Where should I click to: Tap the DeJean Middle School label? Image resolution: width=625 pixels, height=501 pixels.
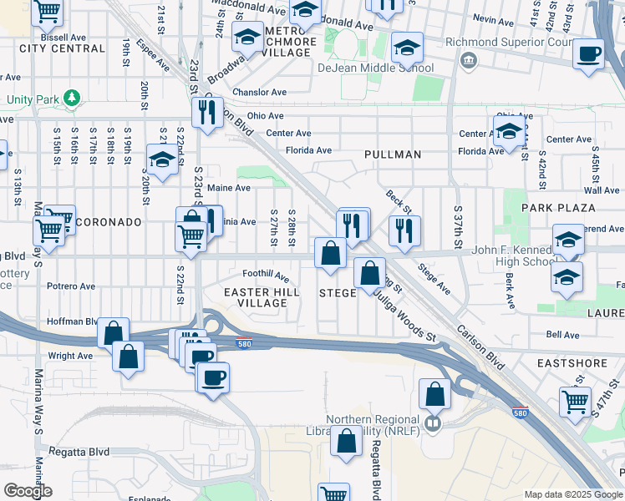[375, 68]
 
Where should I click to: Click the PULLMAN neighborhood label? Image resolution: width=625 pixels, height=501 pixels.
[393, 155]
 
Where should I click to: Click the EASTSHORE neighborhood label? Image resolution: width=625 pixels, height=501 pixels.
[570, 365]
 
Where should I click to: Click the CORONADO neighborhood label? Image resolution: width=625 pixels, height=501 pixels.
[109, 223]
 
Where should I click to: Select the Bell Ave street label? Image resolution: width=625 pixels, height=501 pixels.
[562, 335]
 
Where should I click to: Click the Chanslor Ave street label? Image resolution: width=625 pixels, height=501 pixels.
[261, 92]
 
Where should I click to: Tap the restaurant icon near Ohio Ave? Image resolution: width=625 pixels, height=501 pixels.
[206, 112]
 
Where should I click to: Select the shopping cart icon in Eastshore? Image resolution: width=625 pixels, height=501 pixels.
[575, 400]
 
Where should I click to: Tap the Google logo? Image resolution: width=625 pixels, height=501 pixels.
[28, 491]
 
